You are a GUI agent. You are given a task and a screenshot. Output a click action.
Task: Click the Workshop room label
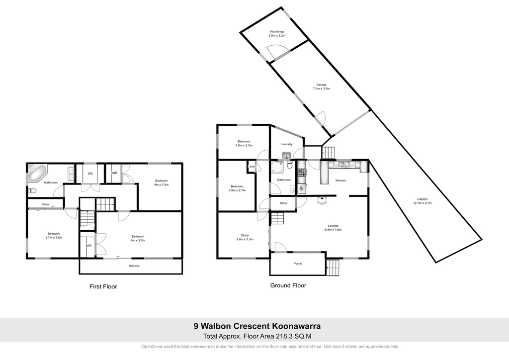(x=277, y=34)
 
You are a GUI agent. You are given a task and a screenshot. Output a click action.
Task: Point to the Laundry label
(x=287, y=144)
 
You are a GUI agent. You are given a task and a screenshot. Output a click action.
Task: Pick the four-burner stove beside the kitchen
(x=301, y=173)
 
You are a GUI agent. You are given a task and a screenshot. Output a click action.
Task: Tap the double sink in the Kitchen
(x=342, y=164)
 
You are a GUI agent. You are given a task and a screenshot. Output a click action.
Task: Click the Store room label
(x=283, y=203)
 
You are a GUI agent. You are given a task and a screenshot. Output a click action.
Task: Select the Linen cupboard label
(x=252, y=167)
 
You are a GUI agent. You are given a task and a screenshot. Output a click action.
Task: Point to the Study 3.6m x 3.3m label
(x=245, y=237)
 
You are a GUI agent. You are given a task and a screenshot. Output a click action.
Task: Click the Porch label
(x=297, y=264)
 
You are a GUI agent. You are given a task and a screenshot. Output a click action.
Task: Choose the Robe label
(x=45, y=204)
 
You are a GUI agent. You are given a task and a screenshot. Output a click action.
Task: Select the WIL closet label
(x=90, y=173)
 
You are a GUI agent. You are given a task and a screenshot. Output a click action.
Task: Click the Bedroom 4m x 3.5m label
(x=161, y=182)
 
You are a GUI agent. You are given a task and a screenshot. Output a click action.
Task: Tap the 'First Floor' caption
(x=103, y=286)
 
